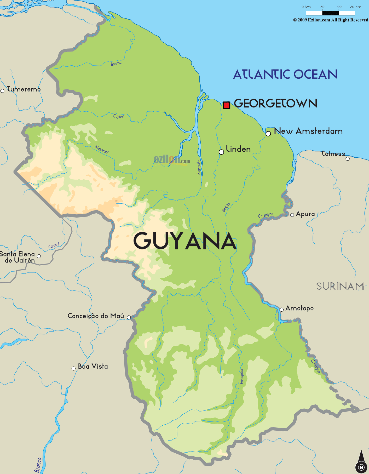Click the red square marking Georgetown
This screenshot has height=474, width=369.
(x=226, y=105)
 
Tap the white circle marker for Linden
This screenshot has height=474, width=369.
(x=221, y=152)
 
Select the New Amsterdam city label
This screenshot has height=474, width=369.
(x=308, y=131)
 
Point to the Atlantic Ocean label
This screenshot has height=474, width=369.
(x=285, y=75)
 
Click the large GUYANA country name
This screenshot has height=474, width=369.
(x=185, y=241)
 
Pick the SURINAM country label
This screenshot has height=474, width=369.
(x=340, y=286)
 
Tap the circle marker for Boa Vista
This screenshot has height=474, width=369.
(x=74, y=368)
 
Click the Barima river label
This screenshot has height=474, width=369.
(x=116, y=64)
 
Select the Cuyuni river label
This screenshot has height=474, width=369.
(x=118, y=116)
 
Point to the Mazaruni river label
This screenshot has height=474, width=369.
(x=101, y=150)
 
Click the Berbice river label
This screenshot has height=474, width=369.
(x=226, y=207)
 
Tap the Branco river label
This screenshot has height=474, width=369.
(x=38, y=465)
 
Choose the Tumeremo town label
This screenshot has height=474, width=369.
(x=24, y=89)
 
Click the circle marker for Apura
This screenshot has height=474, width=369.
(x=292, y=215)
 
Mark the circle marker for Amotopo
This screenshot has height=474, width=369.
(x=282, y=310)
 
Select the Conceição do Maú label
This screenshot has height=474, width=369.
(x=96, y=316)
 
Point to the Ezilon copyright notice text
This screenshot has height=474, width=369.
(x=331, y=20)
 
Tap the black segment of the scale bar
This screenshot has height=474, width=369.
(x=330, y=13)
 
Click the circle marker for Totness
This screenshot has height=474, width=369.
(x=348, y=159)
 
